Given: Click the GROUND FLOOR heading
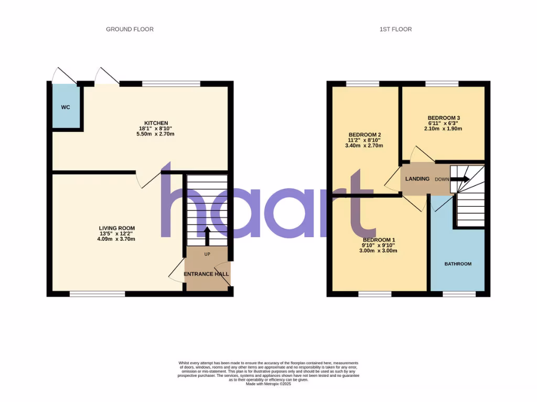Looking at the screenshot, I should (130, 29).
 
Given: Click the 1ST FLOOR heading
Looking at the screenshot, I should (395, 29).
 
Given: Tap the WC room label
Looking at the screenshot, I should (66, 107).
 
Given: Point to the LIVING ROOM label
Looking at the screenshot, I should (117, 228).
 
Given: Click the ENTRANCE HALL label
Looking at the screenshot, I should (207, 274).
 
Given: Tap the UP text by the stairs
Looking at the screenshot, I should (207, 254).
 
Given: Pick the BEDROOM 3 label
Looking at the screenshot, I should (443, 118).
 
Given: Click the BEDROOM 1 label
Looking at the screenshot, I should (378, 240).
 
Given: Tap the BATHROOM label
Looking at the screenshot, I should (458, 264).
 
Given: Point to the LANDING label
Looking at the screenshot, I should (417, 179).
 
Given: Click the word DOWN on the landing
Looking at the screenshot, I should (442, 179).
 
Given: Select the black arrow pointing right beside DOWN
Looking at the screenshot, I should (460, 179).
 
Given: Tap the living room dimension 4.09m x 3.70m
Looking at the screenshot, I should (117, 239).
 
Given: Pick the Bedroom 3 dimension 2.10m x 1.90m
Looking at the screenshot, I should (443, 129).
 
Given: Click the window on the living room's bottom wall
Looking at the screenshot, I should (98, 294).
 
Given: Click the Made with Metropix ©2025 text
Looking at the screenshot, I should (268, 384).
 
